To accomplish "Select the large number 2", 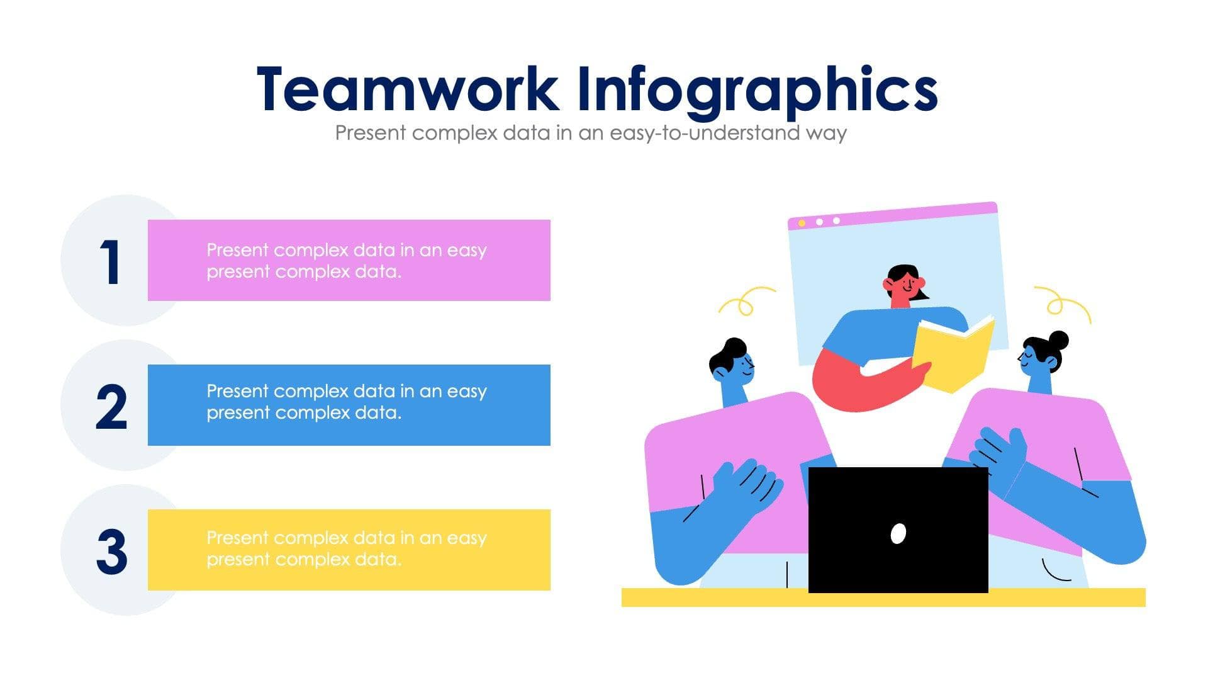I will [111, 407].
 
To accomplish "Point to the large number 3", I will [112, 552].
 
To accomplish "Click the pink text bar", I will [349, 260].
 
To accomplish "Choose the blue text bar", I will [349, 405].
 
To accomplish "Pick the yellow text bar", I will [349, 550].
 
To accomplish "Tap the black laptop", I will [898, 504].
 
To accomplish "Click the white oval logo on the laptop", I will [898, 533].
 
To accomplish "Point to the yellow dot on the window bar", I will [802, 224].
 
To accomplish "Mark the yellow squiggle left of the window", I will [746, 301].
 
